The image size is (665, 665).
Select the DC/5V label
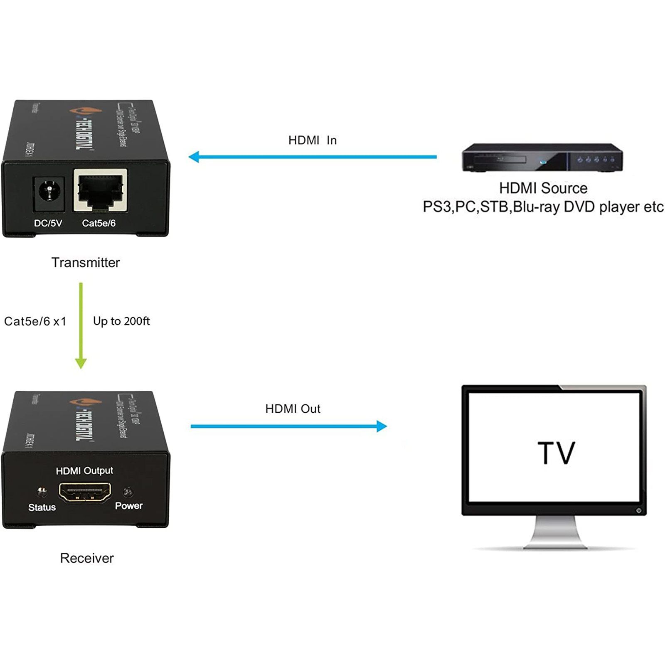48,223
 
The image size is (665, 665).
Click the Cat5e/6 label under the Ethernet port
99,223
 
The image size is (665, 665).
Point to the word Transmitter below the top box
86,263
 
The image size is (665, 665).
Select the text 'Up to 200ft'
121,321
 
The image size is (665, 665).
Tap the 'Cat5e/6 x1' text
35,321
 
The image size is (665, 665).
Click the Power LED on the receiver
128,493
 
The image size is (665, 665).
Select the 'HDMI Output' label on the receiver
84,470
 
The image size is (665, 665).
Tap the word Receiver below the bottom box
87,558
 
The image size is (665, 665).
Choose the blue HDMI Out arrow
289,426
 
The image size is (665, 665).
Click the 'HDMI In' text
313,140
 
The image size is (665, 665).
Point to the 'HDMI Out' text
293,409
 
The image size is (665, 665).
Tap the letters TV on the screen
556,453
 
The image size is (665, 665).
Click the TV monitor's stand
555,534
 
